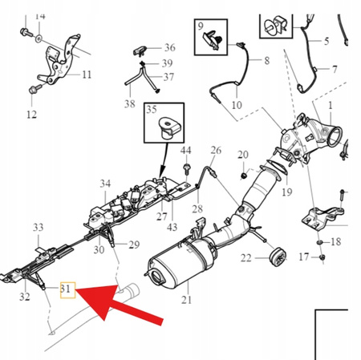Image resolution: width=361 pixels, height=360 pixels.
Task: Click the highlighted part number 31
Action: pos(67,288)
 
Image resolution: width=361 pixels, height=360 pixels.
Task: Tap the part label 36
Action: pos(168,48)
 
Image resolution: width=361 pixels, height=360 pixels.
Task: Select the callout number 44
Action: pos(186,150)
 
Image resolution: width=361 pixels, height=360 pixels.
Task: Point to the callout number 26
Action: pos(215,150)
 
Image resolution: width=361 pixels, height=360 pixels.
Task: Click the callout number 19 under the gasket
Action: pos(286,192)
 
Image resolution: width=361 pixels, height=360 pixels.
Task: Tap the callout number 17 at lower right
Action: pos(304,257)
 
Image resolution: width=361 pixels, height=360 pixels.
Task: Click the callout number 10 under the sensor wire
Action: pos(236,104)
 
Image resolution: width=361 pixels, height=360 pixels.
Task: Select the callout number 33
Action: pos(38,229)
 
